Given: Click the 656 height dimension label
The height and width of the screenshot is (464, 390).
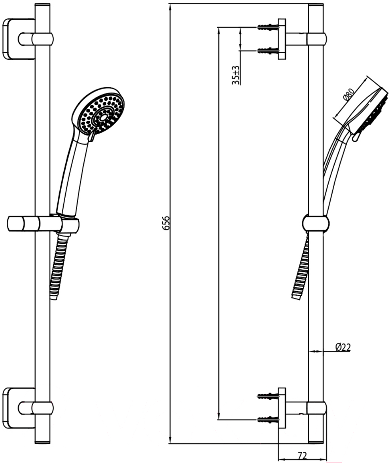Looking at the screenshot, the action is click(167, 223).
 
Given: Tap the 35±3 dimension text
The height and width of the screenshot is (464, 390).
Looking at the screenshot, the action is click(236, 75).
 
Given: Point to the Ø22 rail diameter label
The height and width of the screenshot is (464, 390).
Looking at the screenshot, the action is click(343, 346).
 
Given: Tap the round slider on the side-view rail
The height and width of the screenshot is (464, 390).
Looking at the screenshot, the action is click(316, 223).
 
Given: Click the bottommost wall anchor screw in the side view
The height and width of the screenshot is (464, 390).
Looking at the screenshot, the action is click(268, 419).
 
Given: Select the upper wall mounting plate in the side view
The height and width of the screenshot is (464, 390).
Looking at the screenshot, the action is click(282, 39).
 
